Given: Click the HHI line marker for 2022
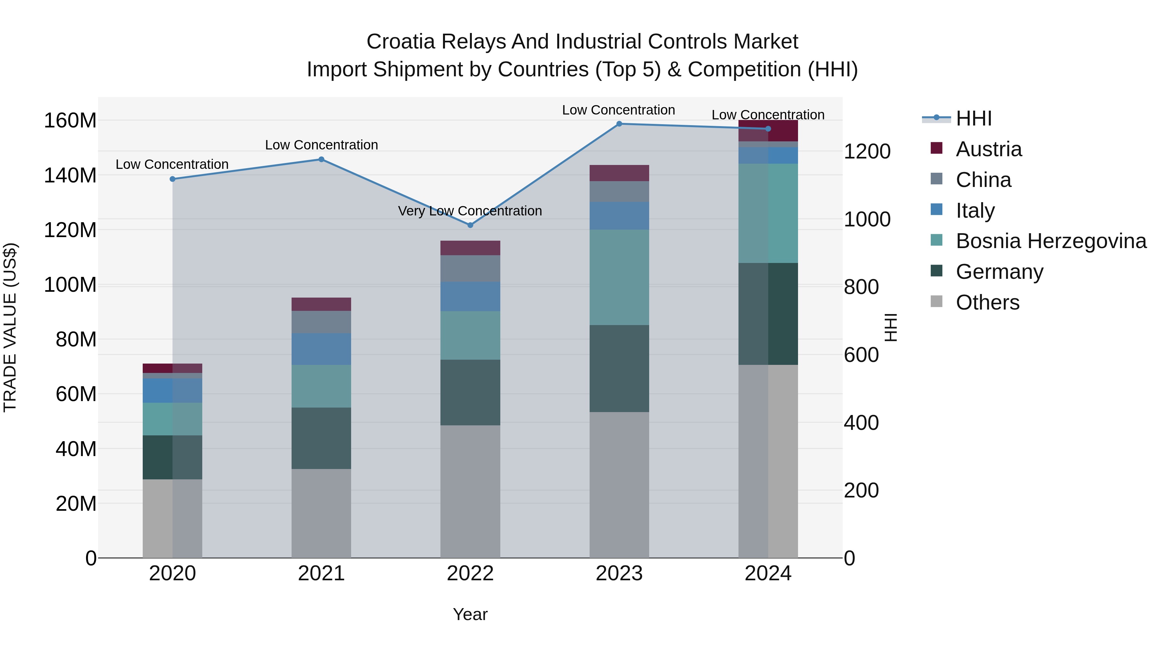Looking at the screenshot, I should [470, 225].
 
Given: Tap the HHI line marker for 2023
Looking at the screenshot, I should [619, 124].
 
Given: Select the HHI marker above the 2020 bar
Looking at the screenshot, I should [172, 179].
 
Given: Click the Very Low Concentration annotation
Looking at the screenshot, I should [470, 211].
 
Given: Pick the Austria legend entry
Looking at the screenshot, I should [989, 149].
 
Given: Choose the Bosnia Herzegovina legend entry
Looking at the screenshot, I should [1050, 241].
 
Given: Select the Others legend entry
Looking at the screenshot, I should [987, 302].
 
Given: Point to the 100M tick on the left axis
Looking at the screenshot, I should [70, 285].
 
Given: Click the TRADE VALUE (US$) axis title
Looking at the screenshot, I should [10, 327].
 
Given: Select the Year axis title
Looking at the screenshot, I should [470, 614].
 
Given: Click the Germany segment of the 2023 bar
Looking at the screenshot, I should [619, 368].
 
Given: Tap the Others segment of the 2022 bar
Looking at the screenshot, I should [470, 491].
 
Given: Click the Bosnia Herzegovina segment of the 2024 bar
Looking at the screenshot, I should [768, 213].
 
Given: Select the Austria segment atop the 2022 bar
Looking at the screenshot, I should [470, 248].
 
